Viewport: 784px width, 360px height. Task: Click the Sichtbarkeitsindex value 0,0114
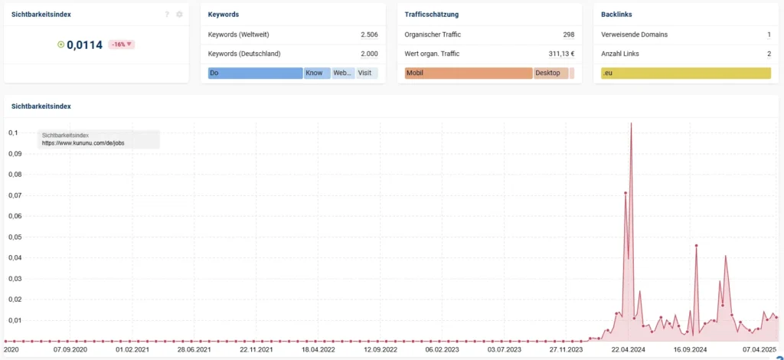tap(84, 44)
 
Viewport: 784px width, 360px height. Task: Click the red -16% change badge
tap(121, 44)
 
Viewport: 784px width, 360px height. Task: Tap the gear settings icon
tap(179, 15)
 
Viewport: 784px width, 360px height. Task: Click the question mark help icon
tap(167, 15)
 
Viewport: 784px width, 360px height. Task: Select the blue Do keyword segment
tap(255, 74)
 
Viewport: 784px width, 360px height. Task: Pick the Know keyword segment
tap(317, 74)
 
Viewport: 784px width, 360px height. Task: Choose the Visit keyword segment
tap(367, 74)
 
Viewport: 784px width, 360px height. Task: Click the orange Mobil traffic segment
tap(469, 74)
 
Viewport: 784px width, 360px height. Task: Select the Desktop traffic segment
tap(550, 74)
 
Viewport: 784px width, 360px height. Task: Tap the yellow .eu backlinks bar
tap(685, 74)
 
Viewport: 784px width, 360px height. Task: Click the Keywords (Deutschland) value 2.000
tap(369, 54)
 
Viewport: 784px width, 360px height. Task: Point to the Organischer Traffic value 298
tap(568, 34)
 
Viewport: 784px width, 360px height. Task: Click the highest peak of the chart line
tap(631, 123)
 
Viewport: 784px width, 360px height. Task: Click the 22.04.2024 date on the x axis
tap(626, 350)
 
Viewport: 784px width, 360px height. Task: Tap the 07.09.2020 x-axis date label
tap(70, 350)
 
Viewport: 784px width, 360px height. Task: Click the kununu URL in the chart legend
tap(83, 143)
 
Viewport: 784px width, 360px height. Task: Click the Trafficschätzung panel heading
tap(432, 15)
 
